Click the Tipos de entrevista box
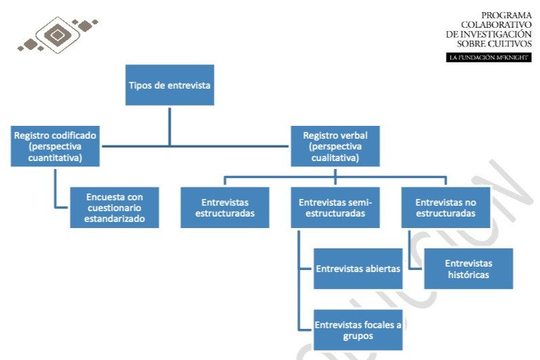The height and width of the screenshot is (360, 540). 169,85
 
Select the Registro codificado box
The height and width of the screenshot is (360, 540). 55,146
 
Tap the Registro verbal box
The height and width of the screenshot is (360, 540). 335,146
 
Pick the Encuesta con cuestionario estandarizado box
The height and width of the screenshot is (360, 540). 114,207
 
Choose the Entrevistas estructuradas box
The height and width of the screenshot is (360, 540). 225,207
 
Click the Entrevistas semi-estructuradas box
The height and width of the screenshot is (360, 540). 336,207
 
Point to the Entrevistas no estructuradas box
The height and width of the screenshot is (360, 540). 446,207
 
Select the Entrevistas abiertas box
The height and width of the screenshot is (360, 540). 358,268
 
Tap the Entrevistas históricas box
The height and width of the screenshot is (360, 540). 468,268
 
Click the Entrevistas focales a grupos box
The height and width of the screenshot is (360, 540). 358,330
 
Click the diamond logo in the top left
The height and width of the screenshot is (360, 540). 58,33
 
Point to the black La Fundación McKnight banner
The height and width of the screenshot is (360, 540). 489,58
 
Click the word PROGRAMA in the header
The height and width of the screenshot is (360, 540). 506,15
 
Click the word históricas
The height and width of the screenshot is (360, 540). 468,275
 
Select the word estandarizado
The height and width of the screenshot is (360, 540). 116,219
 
